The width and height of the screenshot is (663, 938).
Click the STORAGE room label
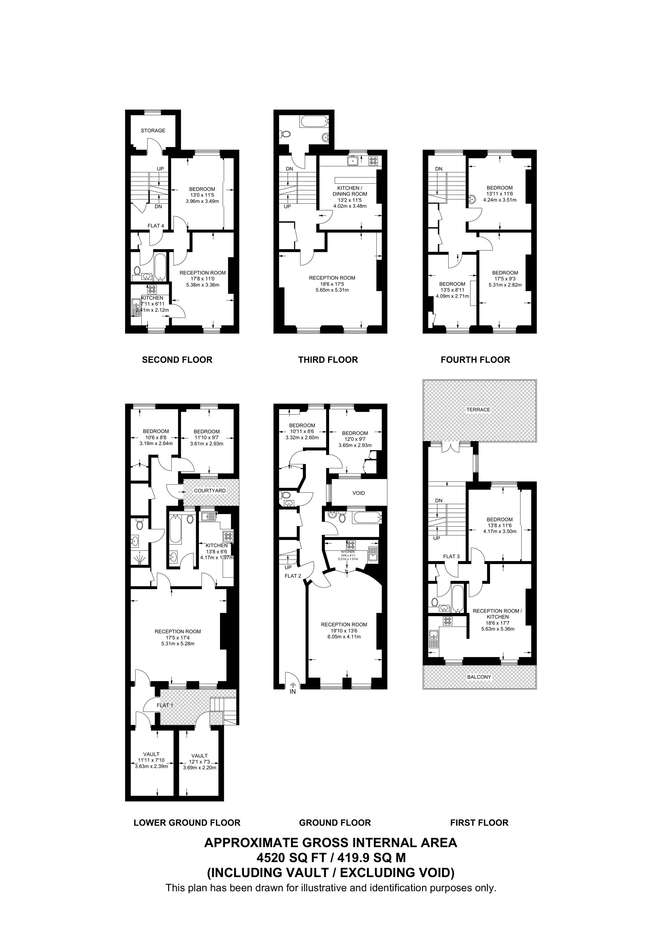153,131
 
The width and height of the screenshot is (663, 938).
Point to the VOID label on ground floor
358,493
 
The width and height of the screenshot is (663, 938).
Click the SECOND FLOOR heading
177,360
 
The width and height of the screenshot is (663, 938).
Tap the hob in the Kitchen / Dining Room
373,161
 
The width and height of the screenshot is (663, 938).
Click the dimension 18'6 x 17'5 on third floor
332,284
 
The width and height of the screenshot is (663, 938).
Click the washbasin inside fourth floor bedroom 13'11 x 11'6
472,200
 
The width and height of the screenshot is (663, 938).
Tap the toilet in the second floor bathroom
137,271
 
